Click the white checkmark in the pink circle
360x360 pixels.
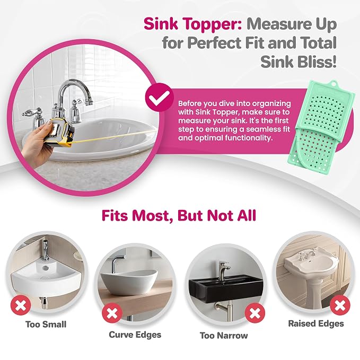160,98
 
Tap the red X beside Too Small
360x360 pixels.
21,305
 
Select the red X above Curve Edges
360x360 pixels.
112,313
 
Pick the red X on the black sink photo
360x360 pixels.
255,313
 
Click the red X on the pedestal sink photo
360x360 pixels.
340,305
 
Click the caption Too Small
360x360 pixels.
46,324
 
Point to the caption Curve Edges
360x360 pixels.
135,335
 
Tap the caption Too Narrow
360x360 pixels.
224,336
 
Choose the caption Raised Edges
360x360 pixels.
316,323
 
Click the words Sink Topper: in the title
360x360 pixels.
192,24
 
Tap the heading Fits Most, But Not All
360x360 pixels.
179,215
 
